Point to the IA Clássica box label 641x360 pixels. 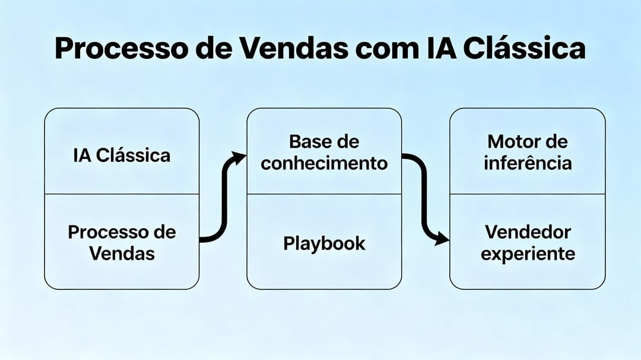click(x=122, y=155)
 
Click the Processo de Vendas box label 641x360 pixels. click(x=122, y=242)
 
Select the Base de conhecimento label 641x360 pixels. click(x=324, y=152)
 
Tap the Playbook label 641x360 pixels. click(x=324, y=243)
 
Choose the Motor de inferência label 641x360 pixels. click(x=527, y=152)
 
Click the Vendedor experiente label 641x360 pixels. click(x=527, y=242)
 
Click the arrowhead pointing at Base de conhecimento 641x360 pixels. click(x=239, y=158)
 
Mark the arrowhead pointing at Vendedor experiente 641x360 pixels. click(x=442, y=240)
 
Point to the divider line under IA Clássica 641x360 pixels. click(x=122, y=194)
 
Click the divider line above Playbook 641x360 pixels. click(x=324, y=194)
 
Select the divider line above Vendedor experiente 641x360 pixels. click(x=527, y=194)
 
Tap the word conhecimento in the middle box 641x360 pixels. click(x=324, y=163)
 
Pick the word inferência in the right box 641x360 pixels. click(x=527, y=163)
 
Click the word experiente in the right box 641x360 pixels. click(x=527, y=254)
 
